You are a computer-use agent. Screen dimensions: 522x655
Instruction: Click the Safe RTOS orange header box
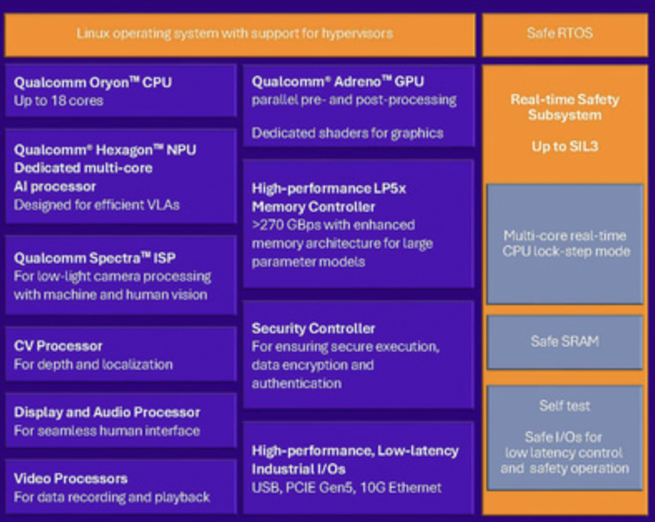click(564, 34)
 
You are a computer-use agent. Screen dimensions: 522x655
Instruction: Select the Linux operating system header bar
click(234, 34)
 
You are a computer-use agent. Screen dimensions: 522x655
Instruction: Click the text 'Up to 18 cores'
click(59, 101)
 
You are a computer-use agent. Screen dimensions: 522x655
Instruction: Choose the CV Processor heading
click(58, 346)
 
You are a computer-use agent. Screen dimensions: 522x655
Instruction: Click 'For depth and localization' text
click(93, 364)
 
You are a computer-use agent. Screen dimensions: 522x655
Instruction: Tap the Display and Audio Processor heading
click(107, 412)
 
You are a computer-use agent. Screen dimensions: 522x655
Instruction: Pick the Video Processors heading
click(71, 479)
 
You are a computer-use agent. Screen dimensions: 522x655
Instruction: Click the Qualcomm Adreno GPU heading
click(337, 81)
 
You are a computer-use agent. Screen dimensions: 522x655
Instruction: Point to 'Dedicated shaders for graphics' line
click(347, 133)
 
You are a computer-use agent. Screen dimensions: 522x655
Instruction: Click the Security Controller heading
click(313, 328)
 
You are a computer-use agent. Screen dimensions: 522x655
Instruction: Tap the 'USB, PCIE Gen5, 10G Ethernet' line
click(347, 487)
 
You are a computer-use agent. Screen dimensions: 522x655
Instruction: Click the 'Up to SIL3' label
click(564, 146)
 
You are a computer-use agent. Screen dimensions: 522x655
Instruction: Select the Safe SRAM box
click(564, 342)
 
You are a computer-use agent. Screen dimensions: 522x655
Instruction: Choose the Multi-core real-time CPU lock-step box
click(564, 244)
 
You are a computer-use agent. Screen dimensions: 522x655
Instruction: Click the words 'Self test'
click(564, 406)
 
